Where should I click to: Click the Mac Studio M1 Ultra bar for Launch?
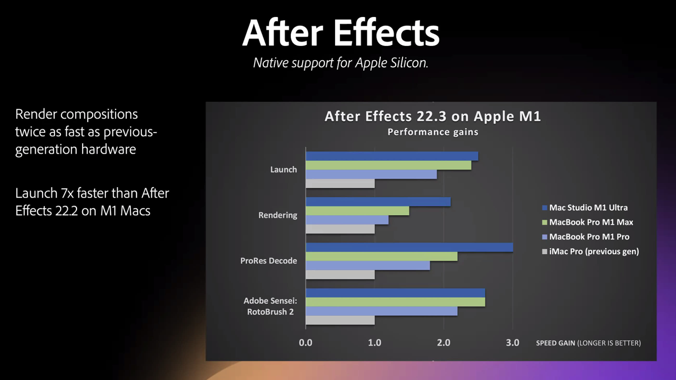pos(392,156)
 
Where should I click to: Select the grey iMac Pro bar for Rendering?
pos(340,229)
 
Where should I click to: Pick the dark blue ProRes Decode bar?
pos(409,247)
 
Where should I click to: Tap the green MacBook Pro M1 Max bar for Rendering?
pos(357,211)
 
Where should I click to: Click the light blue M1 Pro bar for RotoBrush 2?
pos(382,311)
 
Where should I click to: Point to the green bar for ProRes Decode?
pos(382,257)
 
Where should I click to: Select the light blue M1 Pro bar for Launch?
pos(371,174)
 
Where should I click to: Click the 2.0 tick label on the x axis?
pos(444,343)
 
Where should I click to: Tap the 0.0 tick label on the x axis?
pos(305,343)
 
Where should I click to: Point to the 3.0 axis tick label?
pos(512,343)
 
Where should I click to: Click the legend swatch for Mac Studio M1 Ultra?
pos(544,208)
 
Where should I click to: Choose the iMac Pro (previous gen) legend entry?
pos(590,252)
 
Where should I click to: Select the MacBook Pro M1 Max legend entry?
pos(588,222)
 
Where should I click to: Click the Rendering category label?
pos(278,215)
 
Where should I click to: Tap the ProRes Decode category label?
pos(269,261)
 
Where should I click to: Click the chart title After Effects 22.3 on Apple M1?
pos(433,116)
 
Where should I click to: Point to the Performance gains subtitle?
pos(433,132)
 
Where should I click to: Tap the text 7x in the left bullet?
pos(67,193)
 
